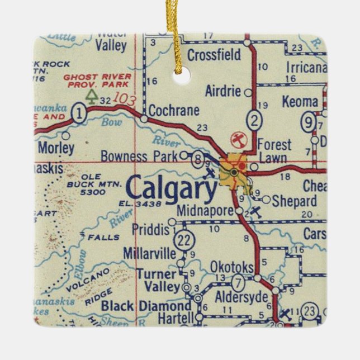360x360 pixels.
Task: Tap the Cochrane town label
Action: pos(174,110)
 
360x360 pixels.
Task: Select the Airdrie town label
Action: pos(222,92)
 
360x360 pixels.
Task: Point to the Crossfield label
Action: pos(214,55)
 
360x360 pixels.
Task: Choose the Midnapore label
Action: pos(203,211)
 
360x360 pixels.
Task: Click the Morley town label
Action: pos(56,148)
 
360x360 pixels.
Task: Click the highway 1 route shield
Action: pos(80,113)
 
